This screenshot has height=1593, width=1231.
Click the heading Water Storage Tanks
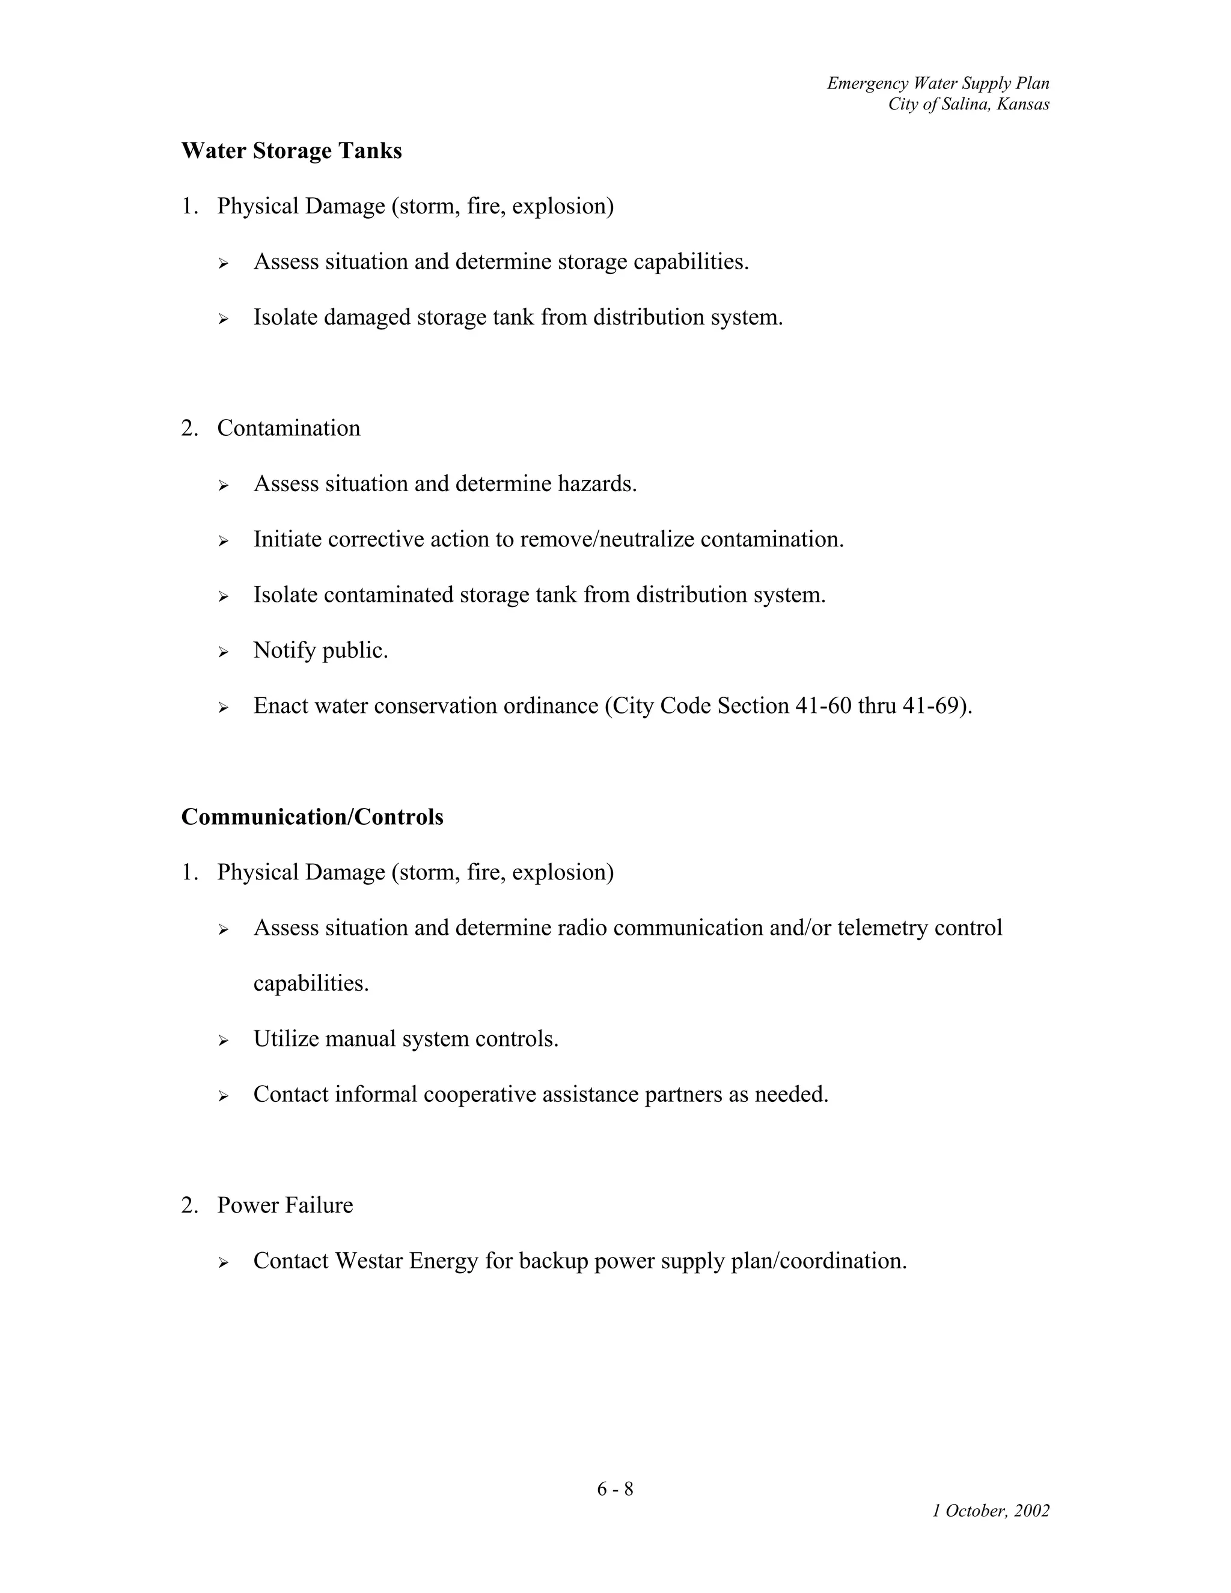[291, 151]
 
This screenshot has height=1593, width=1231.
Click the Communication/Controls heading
[312, 817]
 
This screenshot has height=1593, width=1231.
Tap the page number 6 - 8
[615, 1488]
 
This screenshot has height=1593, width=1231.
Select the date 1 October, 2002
[991, 1511]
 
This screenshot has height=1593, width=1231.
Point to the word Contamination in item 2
[288, 428]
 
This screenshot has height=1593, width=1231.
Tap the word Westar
[368, 1261]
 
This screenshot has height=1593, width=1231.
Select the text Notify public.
[320, 650]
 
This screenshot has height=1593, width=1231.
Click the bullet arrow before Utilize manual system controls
[223, 1041]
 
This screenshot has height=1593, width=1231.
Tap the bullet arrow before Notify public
[223, 652]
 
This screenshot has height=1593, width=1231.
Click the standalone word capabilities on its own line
[311, 983]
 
